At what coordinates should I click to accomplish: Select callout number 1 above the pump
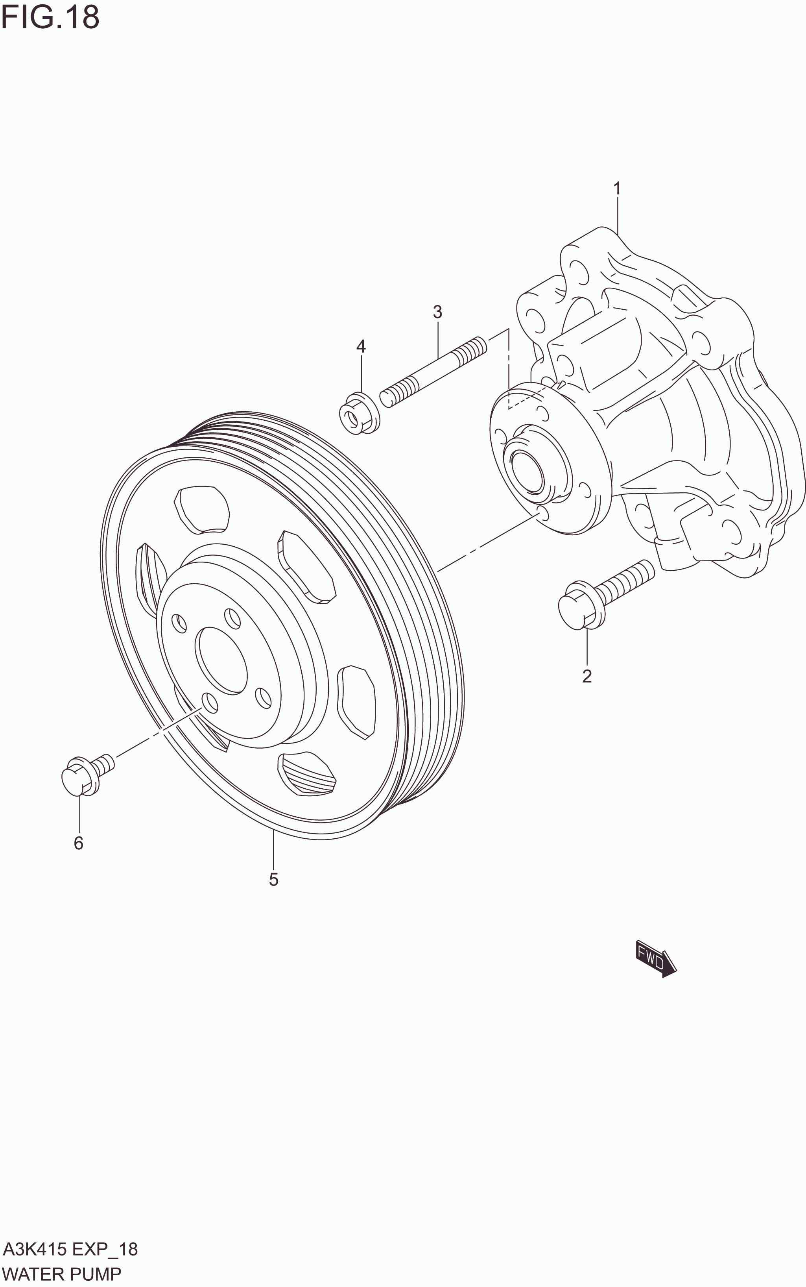point(617,189)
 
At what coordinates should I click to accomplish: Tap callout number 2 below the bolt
point(587,676)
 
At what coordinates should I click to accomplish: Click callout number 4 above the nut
point(361,347)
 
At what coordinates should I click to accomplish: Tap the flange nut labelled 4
point(359,413)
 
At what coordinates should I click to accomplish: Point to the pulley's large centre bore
point(221,660)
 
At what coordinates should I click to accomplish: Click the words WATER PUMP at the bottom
point(62,1274)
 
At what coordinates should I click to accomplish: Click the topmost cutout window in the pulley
point(203,509)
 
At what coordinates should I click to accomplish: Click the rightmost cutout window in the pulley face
point(356,701)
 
